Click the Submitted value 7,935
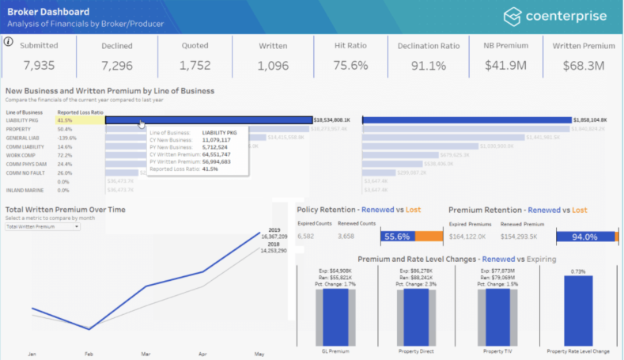click(39, 65)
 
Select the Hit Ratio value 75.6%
click(350, 65)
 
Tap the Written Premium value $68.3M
click(583, 65)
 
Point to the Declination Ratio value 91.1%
click(428, 65)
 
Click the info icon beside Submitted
click(9, 42)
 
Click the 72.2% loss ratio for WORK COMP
click(65, 155)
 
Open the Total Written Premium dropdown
click(43, 227)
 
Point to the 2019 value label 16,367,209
click(273, 236)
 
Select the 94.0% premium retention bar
click(585, 236)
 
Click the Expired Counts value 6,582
click(305, 236)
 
